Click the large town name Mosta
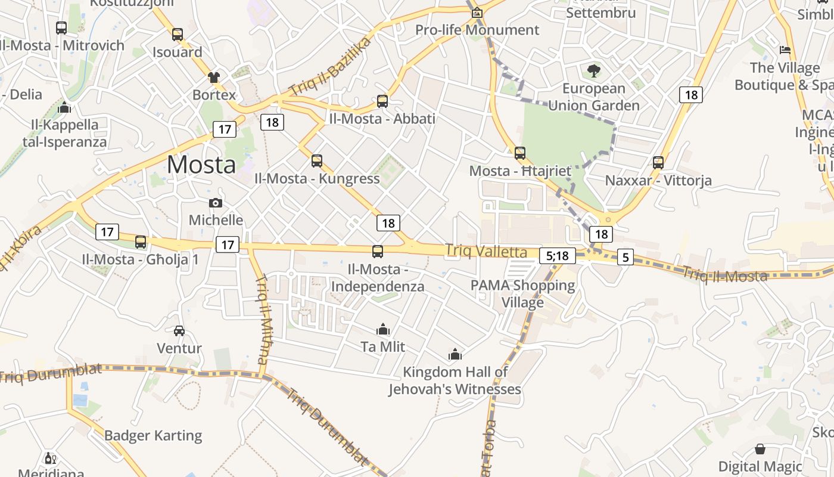click(201, 164)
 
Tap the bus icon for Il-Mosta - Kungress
click(317, 161)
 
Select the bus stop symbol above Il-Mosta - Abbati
click(382, 101)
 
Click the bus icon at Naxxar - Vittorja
click(658, 163)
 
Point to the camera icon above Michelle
click(216, 203)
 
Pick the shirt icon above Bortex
click(214, 77)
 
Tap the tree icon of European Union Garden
click(593, 71)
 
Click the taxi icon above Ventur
click(179, 331)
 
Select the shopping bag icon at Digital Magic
click(760, 449)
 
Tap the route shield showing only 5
click(625, 257)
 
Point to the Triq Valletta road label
click(486, 252)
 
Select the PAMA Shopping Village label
click(522, 293)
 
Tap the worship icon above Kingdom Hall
click(455, 355)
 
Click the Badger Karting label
click(153, 435)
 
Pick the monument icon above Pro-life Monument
click(477, 13)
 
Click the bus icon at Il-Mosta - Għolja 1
click(141, 242)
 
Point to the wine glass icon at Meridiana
click(50, 458)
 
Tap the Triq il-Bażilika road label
click(330, 67)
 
